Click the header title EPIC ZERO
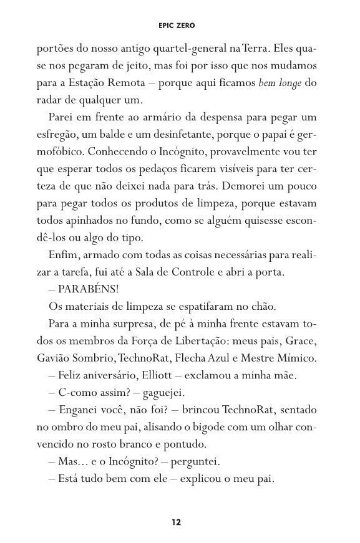pyautogui.click(x=180, y=26)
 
